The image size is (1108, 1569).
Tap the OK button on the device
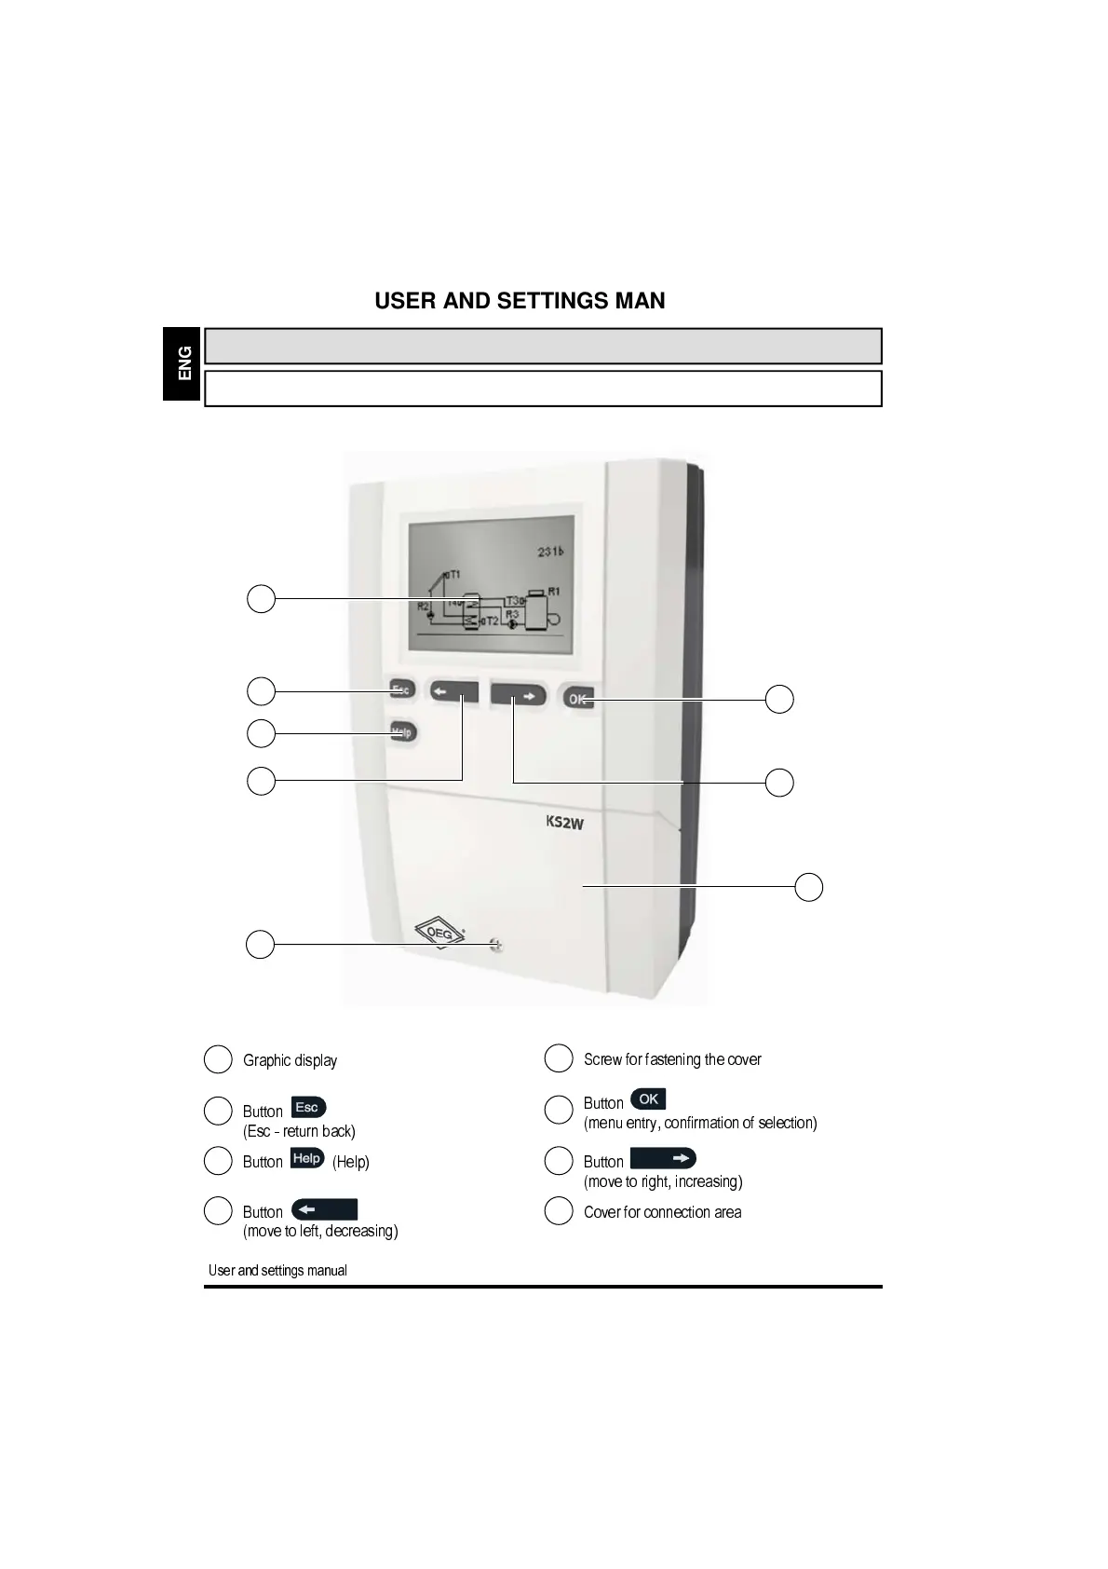(x=577, y=699)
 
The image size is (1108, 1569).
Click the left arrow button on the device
(x=453, y=692)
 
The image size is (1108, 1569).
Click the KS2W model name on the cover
(x=564, y=823)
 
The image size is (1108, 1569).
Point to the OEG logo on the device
(x=439, y=934)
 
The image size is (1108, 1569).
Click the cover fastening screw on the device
(x=495, y=946)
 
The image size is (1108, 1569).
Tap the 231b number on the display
(x=550, y=552)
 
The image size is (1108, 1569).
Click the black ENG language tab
(x=183, y=363)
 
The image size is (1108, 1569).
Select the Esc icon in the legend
(x=308, y=1108)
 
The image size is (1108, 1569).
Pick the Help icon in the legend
(x=307, y=1159)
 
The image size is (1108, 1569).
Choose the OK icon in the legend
(x=648, y=1099)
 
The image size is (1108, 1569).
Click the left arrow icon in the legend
(x=324, y=1210)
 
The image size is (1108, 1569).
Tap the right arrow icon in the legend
(x=663, y=1158)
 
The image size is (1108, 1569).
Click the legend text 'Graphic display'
(x=290, y=1060)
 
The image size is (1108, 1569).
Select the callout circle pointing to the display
(x=261, y=598)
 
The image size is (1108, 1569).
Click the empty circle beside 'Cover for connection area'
(x=559, y=1211)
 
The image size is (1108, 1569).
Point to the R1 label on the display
(x=554, y=592)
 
